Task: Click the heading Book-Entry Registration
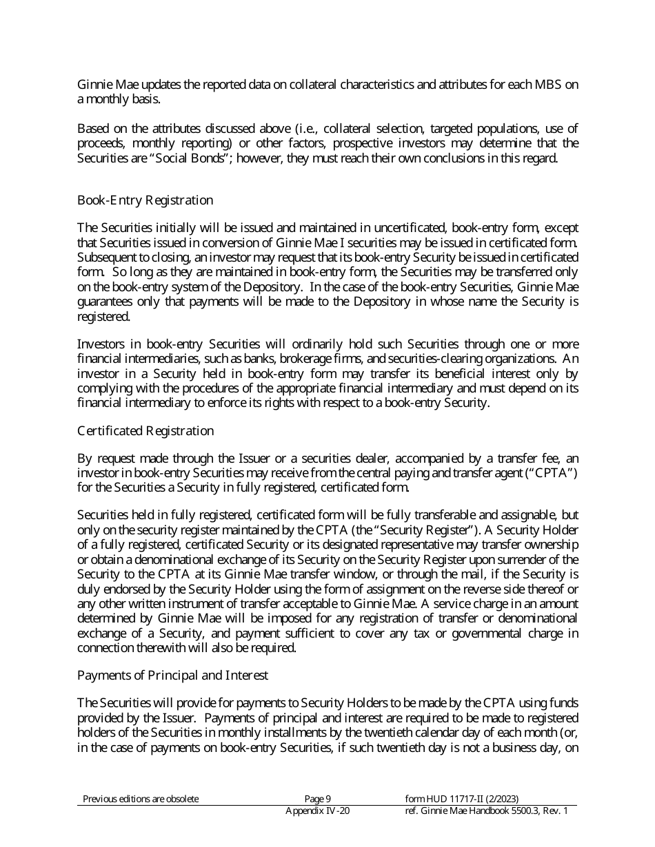pos(145,200)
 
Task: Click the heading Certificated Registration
pos(145,431)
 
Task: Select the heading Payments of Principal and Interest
pos(172,676)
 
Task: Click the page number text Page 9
pos(318,799)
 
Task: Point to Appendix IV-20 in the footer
pos(318,811)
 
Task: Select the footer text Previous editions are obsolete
pos(141,799)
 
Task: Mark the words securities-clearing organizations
pos(472,359)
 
